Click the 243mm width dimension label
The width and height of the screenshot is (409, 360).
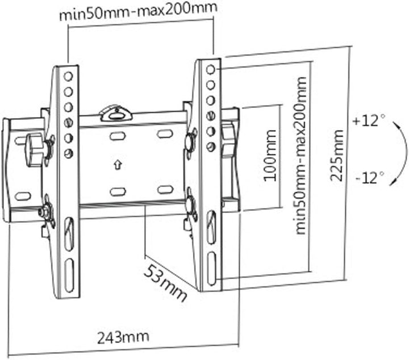(x=123, y=337)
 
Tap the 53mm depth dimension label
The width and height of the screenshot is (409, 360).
(x=165, y=283)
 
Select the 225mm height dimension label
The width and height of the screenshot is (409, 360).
(x=337, y=156)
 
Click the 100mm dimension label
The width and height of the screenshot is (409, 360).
(x=270, y=156)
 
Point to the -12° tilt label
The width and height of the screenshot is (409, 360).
(x=370, y=178)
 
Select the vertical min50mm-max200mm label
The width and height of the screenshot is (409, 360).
(x=301, y=156)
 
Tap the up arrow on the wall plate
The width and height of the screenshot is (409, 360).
(x=118, y=165)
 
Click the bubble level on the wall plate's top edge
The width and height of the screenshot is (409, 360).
(x=116, y=113)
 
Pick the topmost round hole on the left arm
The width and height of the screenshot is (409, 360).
(x=68, y=77)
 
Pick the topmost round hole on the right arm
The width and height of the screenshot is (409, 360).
(x=210, y=69)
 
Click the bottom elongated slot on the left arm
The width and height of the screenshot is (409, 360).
(x=69, y=275)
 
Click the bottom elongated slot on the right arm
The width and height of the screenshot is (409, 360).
(x=211, y=269)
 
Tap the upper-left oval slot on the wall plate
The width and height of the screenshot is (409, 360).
(x=118, y=136)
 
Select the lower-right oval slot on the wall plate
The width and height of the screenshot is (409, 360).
(x=165, y=190)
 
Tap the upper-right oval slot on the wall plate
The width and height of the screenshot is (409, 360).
(x=164, y=134)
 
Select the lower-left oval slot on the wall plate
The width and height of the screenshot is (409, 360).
(x=118, y=192)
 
